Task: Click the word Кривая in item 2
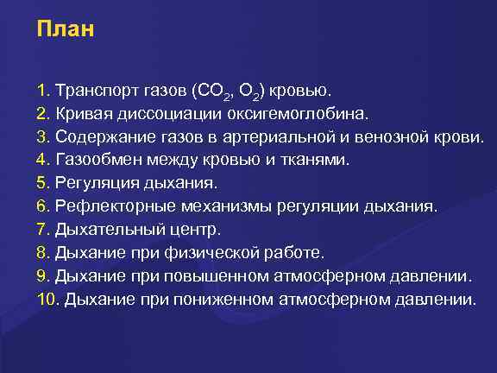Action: [x=83, y=112]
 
